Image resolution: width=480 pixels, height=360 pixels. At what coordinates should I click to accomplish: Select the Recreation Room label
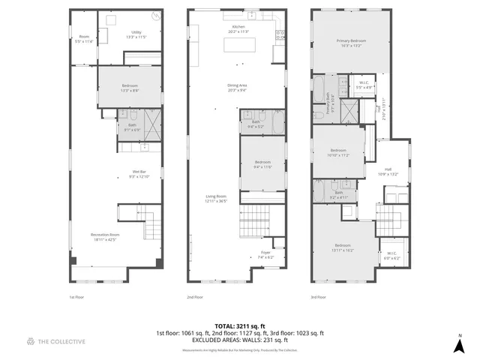point(105,237)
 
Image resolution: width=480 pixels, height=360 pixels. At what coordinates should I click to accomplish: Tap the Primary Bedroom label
point(352,43)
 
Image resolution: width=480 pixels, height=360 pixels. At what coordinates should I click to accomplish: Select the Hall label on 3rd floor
point(388,171)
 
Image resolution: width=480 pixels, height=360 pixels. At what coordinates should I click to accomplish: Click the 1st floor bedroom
point(129,88)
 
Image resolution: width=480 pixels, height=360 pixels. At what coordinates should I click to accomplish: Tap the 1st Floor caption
point(76,297)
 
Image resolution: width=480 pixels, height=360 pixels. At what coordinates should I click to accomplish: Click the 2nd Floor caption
point(195,297)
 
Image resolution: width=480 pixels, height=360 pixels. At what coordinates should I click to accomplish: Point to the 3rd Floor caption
point(318,297)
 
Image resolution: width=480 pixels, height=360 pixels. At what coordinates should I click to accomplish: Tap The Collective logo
point(56,341)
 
